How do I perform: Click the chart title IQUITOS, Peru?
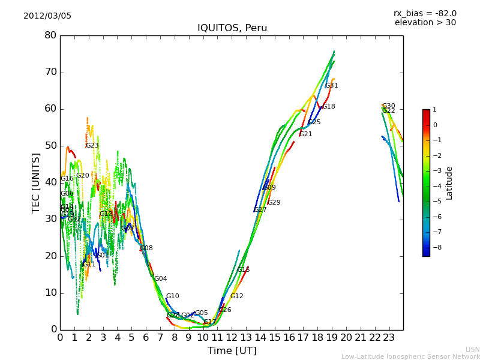coord(232,28)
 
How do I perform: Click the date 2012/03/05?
coord(47,16)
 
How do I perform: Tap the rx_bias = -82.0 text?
coord(425,13)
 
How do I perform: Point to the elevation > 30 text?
coord(425,23)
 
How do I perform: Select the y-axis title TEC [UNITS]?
coord(36,182)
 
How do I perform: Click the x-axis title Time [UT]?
coord(232,351)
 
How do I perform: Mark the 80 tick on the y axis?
coord(50,35)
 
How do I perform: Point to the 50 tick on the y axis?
coord(50,146)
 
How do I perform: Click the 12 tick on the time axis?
coord(232,338)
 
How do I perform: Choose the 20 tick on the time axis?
coord(346,338)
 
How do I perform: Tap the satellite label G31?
coord(332,86)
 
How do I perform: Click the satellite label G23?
coord(92,146)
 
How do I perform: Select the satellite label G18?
coord(329,107)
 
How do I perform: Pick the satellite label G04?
coord(161,279)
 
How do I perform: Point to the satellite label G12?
coord(237,296)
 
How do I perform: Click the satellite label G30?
coord(389,106)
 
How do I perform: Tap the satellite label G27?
coord(260,210)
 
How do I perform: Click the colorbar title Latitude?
coord(449,183)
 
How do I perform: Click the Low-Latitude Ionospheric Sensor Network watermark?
coord(410,356)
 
